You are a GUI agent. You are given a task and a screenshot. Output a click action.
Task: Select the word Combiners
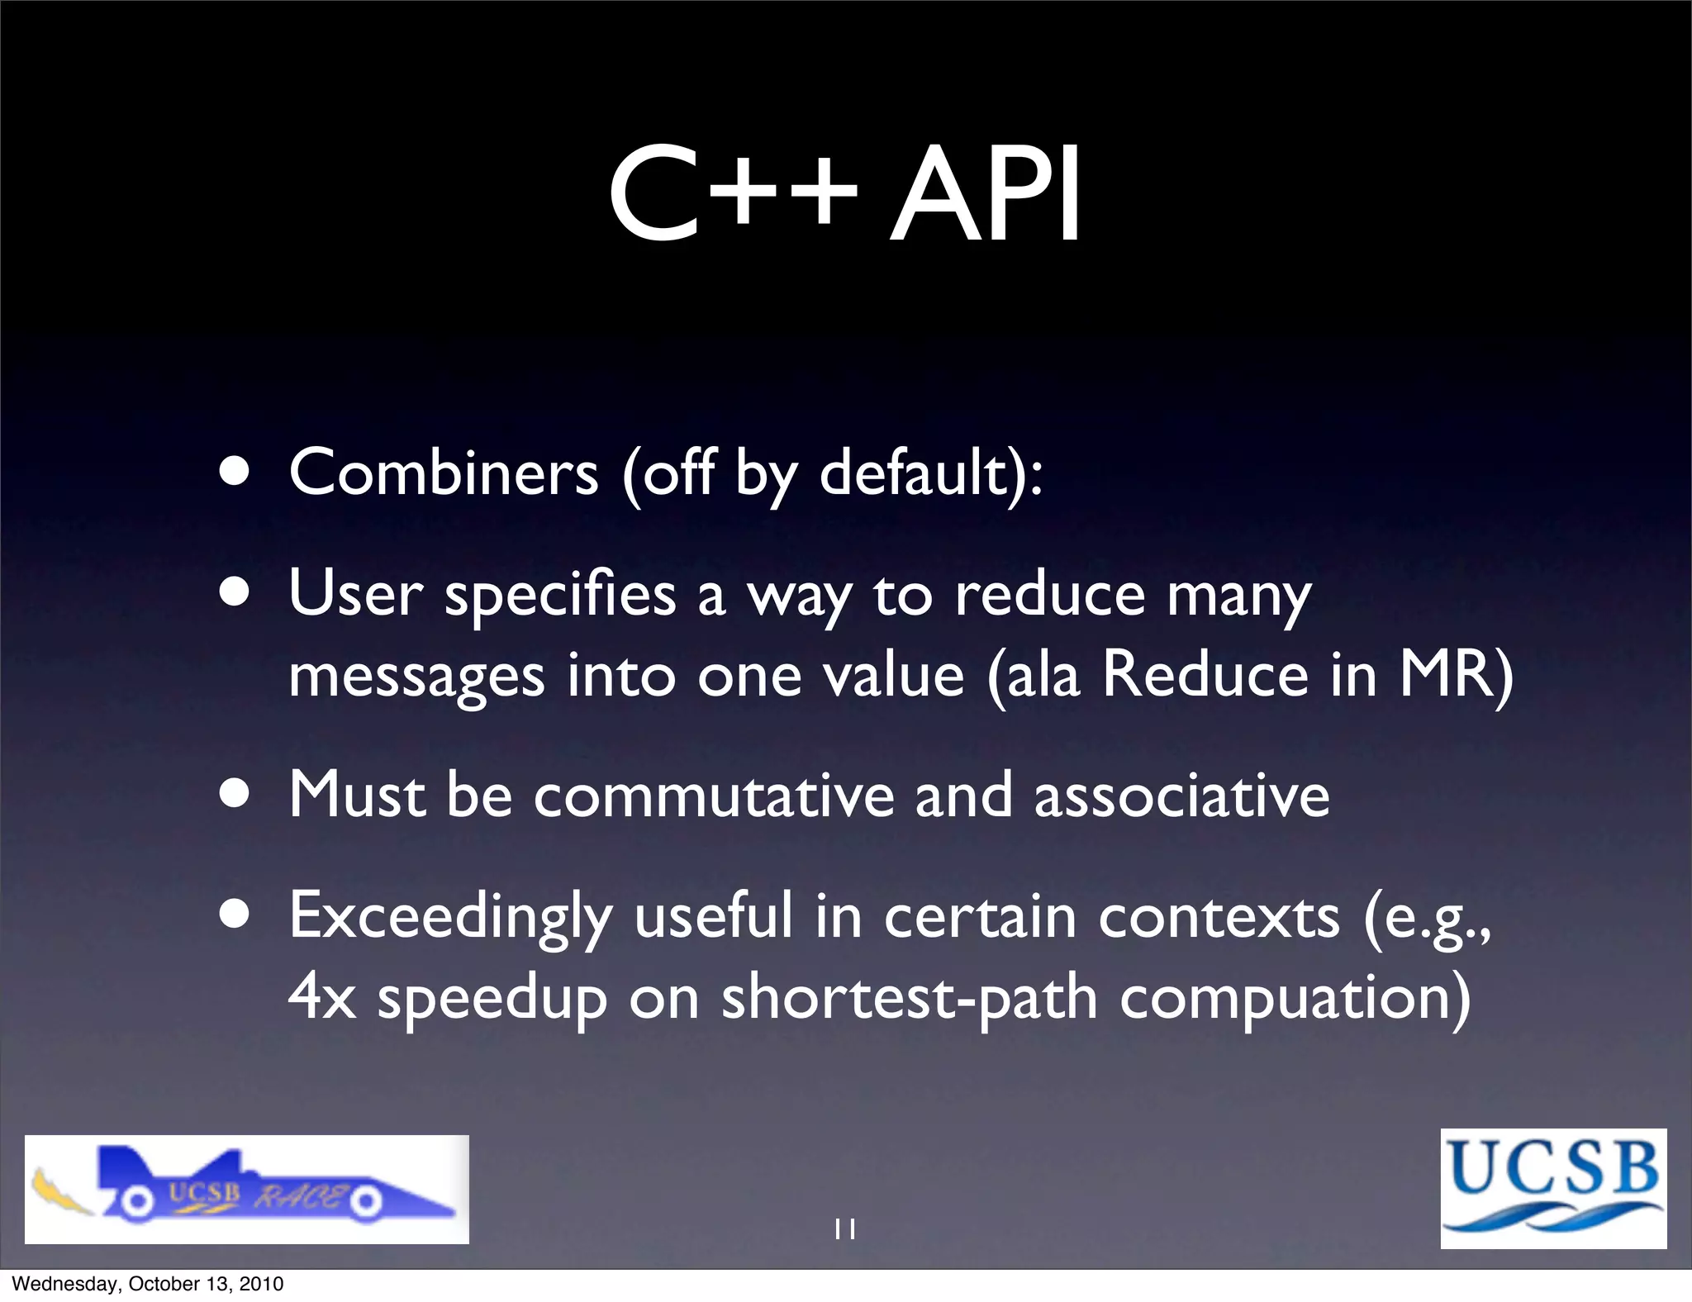click(x=444, y=473)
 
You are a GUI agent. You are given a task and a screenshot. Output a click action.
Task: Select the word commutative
click(x=714, y=796)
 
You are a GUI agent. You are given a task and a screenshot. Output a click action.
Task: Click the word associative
click(x=1181, y=796)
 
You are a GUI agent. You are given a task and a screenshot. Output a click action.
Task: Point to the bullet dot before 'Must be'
click(x=235, y=794)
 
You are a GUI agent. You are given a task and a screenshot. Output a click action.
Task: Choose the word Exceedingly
click(x=450, y=917)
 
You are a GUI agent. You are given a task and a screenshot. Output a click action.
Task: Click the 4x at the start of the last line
click(x=322, y=997)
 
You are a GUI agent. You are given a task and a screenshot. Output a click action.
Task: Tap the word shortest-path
click(x=910, y=999)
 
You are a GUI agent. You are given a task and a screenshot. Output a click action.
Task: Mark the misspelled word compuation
click(x=1294, y=999)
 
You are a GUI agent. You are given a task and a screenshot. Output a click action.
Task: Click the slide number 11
click(x=845, y=1229)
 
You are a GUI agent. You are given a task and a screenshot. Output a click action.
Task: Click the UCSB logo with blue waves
click(x=1553, y=1188)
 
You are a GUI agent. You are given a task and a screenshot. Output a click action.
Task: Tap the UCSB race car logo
click(x=246, y=1189)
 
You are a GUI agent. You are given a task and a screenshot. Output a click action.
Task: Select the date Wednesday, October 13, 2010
click(x=148, y=1284)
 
